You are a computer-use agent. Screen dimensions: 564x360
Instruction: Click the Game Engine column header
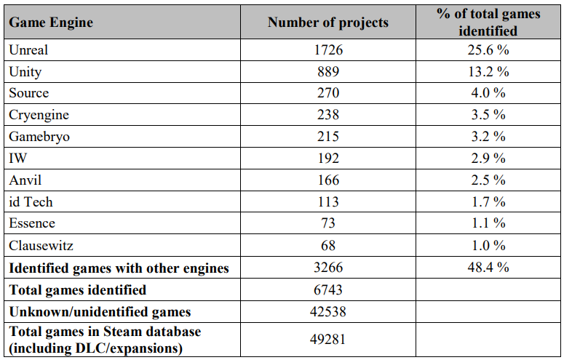click(x=51, y=23)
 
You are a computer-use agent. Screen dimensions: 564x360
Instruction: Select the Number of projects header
click(x=328, y=23)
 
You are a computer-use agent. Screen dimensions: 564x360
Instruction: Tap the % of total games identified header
click(x=488, y=23)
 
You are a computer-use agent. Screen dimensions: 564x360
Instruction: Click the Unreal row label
click(x=28, y=50)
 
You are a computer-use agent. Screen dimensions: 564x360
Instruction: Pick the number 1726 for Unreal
click(x=328, y=50)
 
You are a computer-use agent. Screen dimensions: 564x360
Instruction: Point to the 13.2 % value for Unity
click(x=488, y=71)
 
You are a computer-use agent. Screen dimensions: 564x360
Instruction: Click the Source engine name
click(x=29, y=93)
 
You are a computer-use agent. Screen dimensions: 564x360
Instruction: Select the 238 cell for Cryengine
click(x=328, y=115)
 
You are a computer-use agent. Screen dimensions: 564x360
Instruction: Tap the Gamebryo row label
click(x=39, y=137)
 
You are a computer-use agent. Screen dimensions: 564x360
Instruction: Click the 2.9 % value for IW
click(x=488, y=159)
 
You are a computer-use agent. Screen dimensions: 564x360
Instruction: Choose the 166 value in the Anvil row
click(x=328, y=180)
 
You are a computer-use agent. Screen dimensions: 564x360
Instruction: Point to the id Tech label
click(x=31, y=201)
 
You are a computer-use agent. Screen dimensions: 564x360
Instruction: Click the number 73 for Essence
click(x=328, y=223)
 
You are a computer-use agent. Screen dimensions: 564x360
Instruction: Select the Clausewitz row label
click(x=41, y=246)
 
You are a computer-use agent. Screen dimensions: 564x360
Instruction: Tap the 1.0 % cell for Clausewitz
click(x=488, y=246)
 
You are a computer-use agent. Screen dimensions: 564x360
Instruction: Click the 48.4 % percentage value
click(x=488, y=267)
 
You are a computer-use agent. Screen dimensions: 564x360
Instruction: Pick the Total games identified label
click(x=78, y=290)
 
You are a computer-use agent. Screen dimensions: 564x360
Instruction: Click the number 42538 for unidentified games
click(x=328, y=311)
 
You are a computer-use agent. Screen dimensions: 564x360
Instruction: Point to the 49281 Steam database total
click(x=328, y=339)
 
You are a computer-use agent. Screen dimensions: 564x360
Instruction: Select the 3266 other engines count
click(x=328, y=267)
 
